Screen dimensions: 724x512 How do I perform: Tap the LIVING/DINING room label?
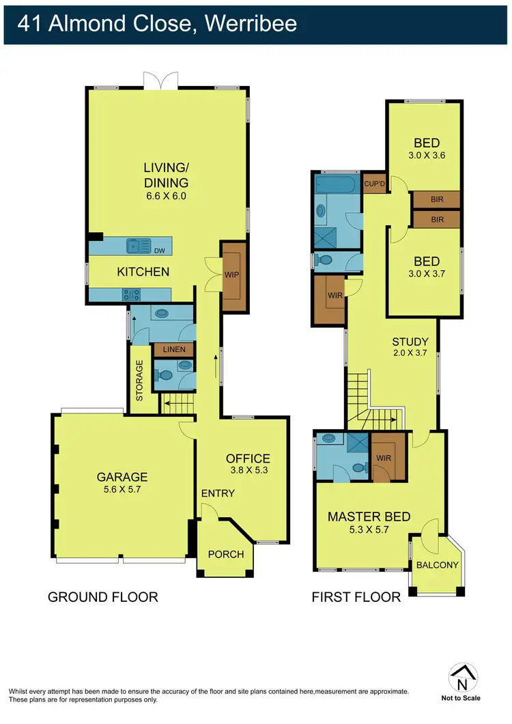166,175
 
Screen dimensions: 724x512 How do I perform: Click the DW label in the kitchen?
160,250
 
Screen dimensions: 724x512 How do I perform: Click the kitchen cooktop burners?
130,295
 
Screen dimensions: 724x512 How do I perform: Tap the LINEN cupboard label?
173,350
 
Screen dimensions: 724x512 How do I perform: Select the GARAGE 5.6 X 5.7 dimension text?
122,489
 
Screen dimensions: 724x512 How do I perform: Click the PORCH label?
226,554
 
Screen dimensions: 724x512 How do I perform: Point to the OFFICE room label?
248,459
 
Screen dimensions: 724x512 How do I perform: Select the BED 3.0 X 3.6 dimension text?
426,155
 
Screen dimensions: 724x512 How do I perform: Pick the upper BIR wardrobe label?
436,199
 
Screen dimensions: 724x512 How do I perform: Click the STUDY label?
410,342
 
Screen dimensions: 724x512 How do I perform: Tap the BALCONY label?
436,565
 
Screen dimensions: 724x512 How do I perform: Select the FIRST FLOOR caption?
356,597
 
